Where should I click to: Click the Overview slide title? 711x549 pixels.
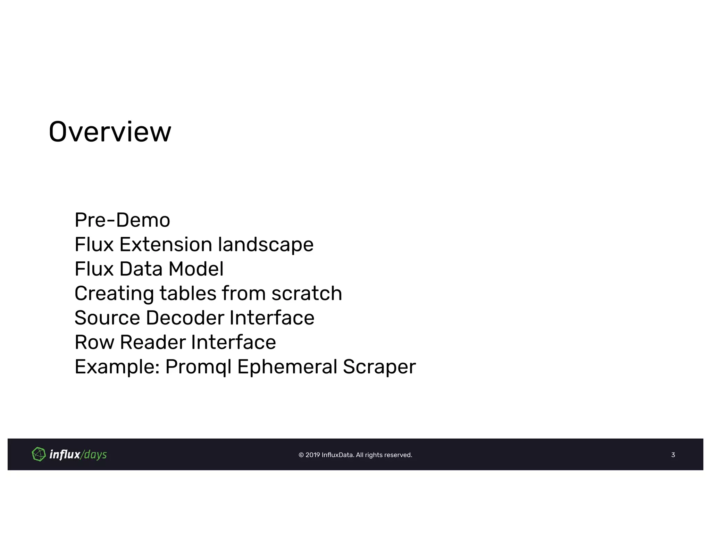point(110,132)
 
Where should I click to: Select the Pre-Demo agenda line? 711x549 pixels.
point(122,220)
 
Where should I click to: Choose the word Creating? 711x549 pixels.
point(114,294)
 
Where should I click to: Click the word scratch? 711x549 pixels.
point(307,294)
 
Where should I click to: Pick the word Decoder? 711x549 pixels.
point(185,318)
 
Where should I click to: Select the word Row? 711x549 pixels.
point(94,343)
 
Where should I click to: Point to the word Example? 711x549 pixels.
point(117,367)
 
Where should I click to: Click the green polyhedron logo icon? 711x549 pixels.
point(39,454)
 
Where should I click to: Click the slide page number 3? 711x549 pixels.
point(673,455)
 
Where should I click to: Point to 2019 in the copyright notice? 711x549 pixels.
point(312,455)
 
